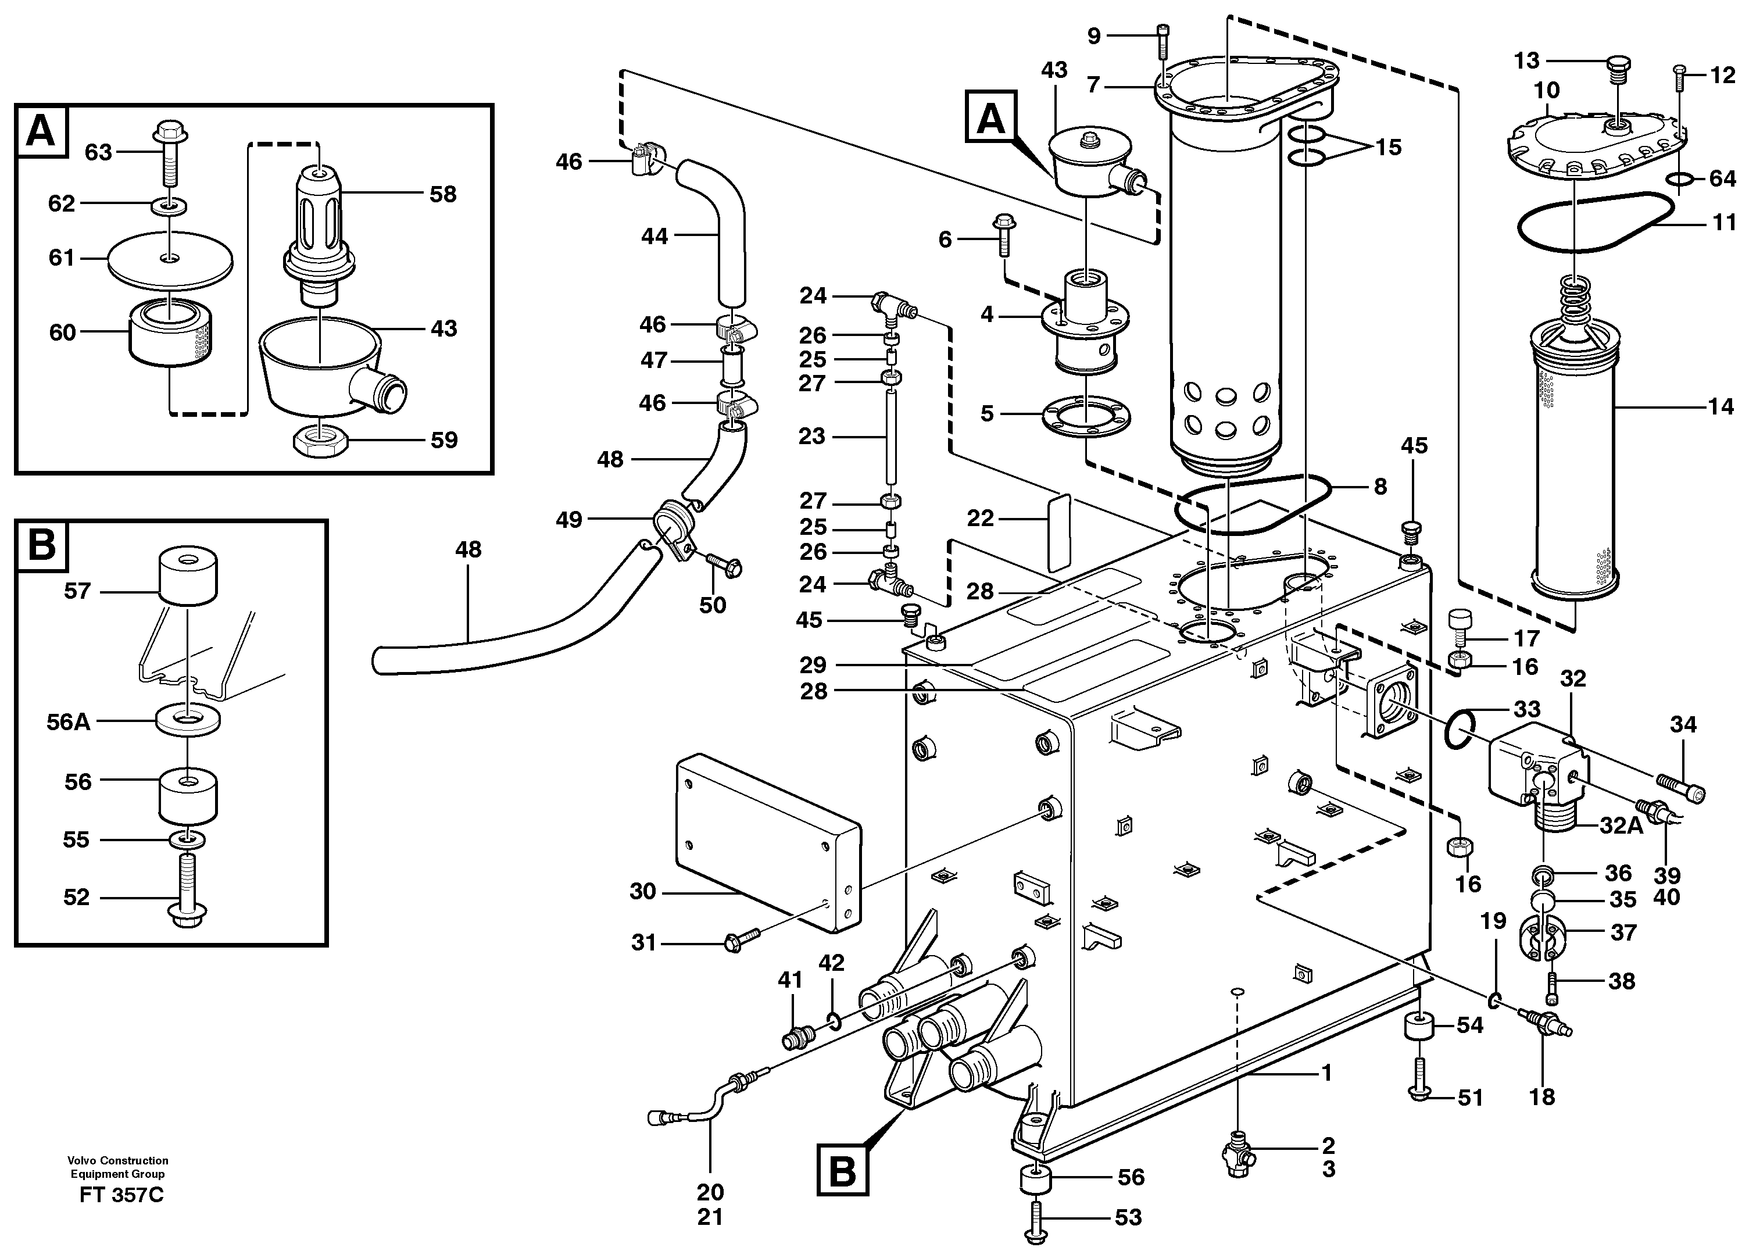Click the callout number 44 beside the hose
[x=654, y=236]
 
